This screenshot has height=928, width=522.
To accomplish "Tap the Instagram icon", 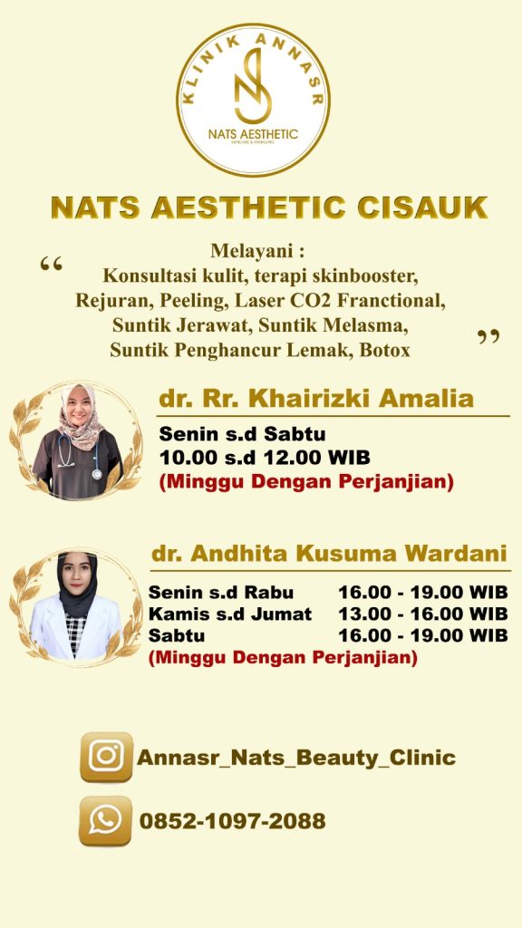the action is point(107,757).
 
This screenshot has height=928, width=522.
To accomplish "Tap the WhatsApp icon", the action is point(105,821).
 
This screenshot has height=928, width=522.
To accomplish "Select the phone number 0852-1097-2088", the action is point(233,821).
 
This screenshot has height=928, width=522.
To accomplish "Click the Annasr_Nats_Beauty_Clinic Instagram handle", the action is point(296,758).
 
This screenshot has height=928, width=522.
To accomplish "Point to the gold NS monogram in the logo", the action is point(254,86).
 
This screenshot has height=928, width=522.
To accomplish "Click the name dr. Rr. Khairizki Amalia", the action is point(316,399).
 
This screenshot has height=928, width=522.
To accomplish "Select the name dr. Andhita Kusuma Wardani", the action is point(330,554).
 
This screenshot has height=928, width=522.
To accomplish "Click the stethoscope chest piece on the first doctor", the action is point(96,473).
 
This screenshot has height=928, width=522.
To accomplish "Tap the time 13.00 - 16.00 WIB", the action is point(423,614).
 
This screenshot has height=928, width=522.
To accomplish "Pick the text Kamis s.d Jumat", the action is point(230,614).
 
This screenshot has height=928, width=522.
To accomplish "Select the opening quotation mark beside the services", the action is point(52,264).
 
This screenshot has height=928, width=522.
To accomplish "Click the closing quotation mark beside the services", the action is point(488,337).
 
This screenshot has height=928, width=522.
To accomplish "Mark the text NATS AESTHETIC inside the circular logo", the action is point(254,134).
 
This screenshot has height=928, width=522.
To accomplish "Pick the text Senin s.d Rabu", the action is point(221,592).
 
